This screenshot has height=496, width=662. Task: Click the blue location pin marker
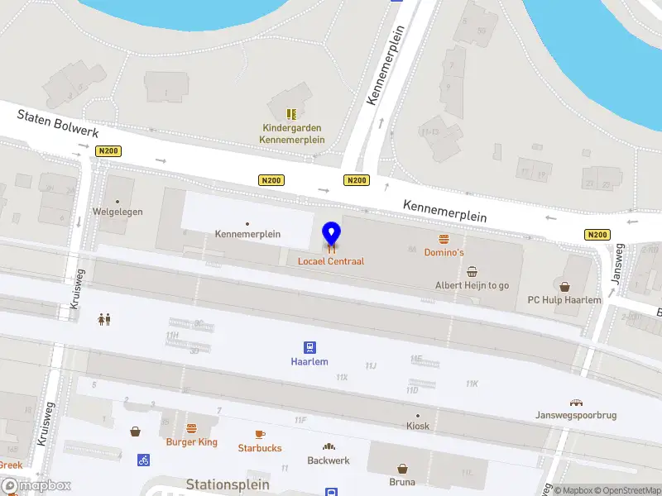pyautogui.click(x=331, y=235)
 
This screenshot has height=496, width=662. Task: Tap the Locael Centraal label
pyautogui.click(x=331, y=261)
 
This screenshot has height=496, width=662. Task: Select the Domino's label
pyautogui.click(x=444, y=252)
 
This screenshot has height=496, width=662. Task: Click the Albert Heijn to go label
pyautogui.click(x=472, y=285)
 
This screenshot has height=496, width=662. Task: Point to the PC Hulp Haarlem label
pyautogui.click(x=564, y=300)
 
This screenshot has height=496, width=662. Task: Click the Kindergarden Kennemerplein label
pyautogui.click(x=291, y=134)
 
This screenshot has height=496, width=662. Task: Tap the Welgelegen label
pyautogui.click(x=118, y=212)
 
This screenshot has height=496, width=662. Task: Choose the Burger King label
pyautogui.click(x=191, y=442)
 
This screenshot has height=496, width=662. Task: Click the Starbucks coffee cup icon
pyautogui.click(x=260, y=434)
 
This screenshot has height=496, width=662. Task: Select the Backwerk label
pyautogui.click(x=329, y=460)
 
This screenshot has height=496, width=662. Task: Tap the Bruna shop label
pyautogui.click(x=402, y=481)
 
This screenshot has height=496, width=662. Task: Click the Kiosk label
pyautogui.click(x=418, y=426)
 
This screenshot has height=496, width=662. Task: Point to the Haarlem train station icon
pyautogui.click(x=309, y=347)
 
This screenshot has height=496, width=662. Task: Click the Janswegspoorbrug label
pyautogui.click(x=576, y=415)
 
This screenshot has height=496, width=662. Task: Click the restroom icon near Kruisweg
pyautogui.click(x=104, y=319)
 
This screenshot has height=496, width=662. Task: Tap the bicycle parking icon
pyautogui.click(x=144, y=460)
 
